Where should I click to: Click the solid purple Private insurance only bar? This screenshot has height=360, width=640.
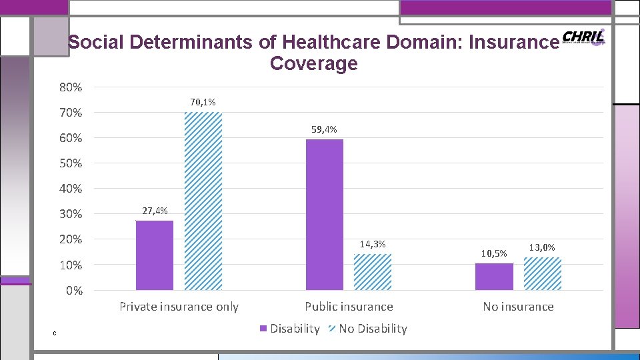click(154, 255)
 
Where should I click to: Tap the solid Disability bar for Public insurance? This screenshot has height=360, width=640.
click(324, 215)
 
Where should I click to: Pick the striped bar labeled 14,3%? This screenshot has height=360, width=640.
click(372, 272)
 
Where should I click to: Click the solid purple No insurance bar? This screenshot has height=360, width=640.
click(494, 277)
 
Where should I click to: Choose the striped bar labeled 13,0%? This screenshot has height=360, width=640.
click(542, 273)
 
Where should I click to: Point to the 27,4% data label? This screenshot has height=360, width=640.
click(155, 211)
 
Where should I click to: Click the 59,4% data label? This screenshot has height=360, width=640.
click(324, 129)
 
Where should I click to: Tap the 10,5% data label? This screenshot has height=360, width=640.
click(494, 253)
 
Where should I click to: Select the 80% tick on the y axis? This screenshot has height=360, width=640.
click(71, 87)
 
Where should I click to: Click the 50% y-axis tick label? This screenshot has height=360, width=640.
click(71, 163)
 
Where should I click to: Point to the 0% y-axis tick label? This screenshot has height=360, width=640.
click(74, 291)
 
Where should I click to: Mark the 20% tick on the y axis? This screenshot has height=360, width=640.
click(71, 239)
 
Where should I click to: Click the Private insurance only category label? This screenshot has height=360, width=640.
click(179, 307)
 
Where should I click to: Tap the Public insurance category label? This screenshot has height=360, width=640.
click(349, 307)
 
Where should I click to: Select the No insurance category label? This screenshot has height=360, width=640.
click(518, 307)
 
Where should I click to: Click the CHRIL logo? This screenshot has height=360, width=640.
click(583, 37)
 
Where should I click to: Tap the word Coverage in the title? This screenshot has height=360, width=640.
click(314, 64)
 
